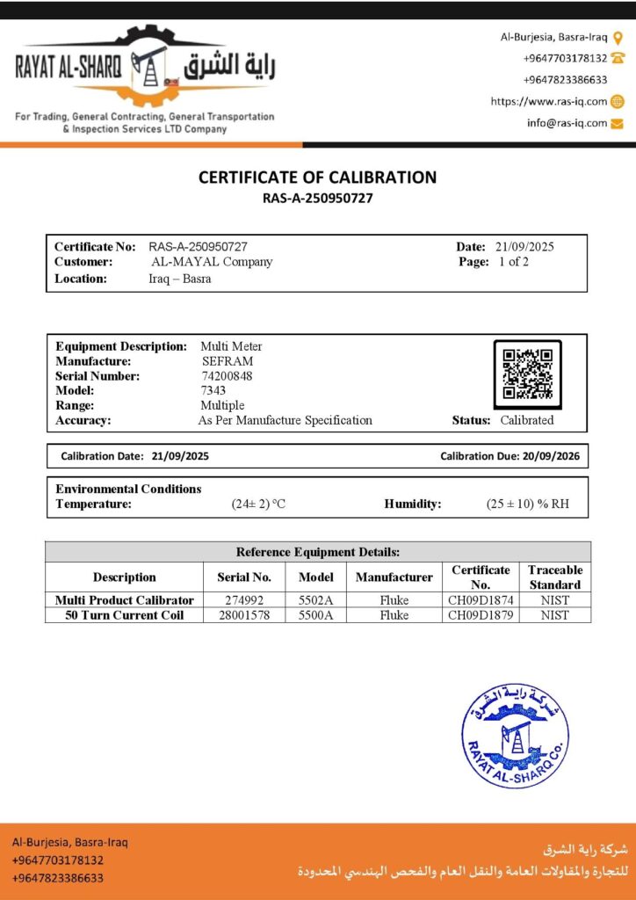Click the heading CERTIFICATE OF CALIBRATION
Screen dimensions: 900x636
pos(317,177)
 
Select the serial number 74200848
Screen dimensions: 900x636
pos(227,376)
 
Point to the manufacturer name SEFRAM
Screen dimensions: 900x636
pos(228,361)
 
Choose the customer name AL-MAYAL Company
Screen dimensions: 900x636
pos(212,262)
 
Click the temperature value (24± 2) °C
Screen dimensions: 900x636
pos(258,504)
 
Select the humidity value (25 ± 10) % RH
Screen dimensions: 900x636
pos(527,504)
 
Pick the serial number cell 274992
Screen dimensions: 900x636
pos(244,600)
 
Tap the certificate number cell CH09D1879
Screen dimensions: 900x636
pos(481,615)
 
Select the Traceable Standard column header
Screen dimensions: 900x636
pos(555,577)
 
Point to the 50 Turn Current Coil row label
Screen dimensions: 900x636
pos(125,615)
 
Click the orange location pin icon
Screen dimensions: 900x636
pos(618,37)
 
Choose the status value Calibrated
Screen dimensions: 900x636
pos(527,420)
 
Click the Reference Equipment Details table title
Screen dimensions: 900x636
pos(318,552)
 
